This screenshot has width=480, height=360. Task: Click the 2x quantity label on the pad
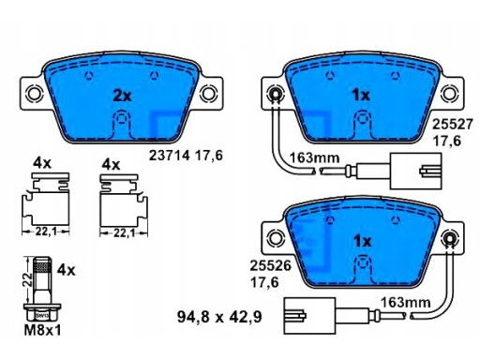(122, 96)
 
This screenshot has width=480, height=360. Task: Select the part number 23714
(169, 156)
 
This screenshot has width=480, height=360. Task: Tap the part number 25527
(452, 125)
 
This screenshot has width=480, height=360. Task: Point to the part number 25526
(270, 266)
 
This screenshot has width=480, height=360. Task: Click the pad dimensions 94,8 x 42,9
(219, 317)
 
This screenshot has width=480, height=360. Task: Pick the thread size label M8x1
(42, 330)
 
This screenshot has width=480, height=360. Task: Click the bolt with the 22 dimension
(42, 289)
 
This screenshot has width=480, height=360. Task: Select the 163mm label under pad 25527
(314, 157)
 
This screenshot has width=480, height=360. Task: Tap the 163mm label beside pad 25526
(405, 303)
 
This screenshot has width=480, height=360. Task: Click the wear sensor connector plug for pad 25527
(415, 171)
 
